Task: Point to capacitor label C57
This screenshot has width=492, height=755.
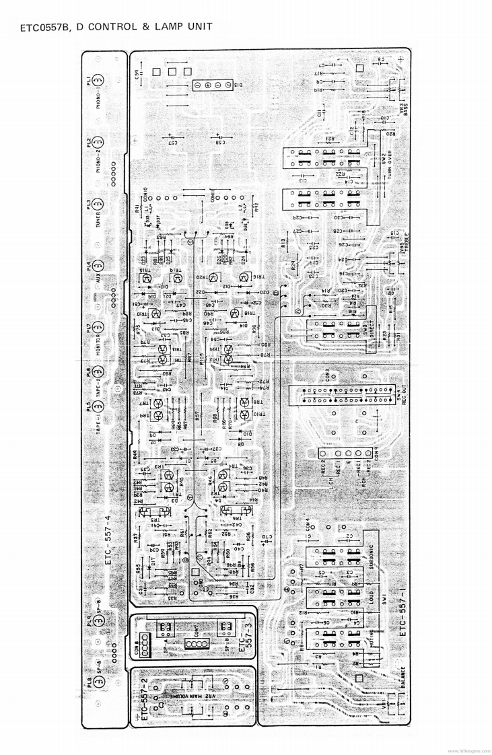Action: [173, 142]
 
